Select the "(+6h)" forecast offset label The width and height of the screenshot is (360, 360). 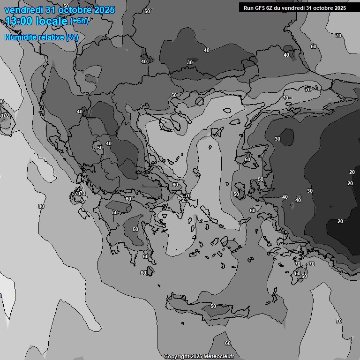[79, 21]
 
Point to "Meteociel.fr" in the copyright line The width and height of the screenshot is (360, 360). [219, 357]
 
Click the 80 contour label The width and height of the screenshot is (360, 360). [41, 206]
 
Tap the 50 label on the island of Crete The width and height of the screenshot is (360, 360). [213, 306]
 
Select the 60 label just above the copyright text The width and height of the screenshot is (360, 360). [228, 344]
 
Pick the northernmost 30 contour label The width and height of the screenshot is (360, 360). [190, 62]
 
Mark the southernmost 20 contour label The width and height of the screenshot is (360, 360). [340, 221]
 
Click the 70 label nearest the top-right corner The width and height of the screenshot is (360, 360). [338, 36]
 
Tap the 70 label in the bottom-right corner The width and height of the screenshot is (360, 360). [339, 321]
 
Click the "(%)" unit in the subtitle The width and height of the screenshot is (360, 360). [72, 37]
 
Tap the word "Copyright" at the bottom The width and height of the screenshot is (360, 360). [177, 357]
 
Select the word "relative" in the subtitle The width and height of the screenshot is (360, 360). [50, 37]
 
